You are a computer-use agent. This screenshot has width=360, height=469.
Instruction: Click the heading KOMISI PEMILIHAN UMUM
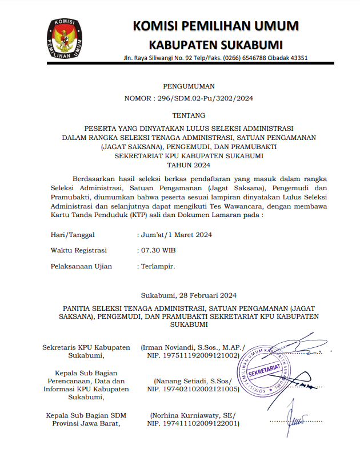(215, 26)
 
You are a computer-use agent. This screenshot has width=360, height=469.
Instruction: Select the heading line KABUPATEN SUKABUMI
(215, 45)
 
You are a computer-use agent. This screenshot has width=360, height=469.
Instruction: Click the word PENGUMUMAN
(189, 86)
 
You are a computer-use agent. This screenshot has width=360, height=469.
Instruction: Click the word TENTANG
(189, 115)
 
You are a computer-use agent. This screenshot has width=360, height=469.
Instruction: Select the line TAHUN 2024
(189, 165)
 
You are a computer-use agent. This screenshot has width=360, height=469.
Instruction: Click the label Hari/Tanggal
(73, 234)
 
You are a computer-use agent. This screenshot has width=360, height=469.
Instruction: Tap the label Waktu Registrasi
(78, 250)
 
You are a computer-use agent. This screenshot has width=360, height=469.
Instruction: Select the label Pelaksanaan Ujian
(81, 266)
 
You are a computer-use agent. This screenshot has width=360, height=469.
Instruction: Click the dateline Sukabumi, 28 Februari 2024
(189, 295)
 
